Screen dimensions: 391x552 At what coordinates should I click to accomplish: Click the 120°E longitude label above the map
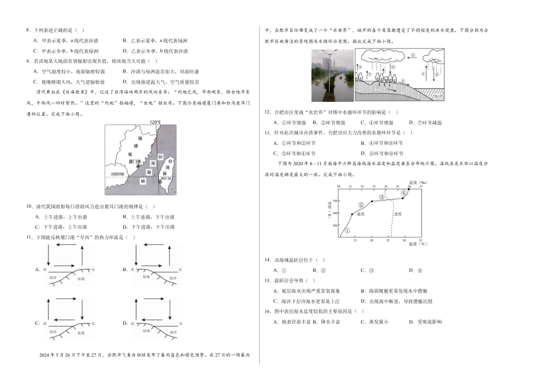pyautogui.click(x=155, y=123)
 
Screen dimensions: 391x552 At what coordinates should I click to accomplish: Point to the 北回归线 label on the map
pyautogui.click(x=117, y=173)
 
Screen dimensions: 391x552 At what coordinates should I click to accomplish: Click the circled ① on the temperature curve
pyautogui.click(x=347, y=230)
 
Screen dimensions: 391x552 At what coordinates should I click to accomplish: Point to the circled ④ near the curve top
pyautogui.click(x=403, y=193)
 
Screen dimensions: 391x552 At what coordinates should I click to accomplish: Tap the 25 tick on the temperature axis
pyautogui.click(x=388, y=240)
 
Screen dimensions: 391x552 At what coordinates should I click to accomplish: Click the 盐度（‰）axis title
pyautogui.click(x=418, y=182)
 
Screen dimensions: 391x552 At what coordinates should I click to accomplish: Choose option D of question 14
pyautogui.click(x=411, y=270)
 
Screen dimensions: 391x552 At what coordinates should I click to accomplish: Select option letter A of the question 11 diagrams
pyautogui.click(x=37, y=269)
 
